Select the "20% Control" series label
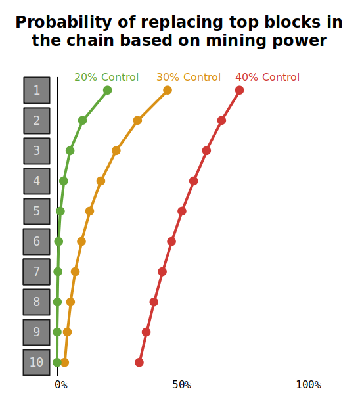106,77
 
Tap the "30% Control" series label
189,77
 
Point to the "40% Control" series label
267,77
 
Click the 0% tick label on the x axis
61,385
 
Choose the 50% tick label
181,385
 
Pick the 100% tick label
309,385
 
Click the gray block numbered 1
37,90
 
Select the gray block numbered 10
36,363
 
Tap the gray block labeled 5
37,212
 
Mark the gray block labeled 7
36,272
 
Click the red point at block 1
239,90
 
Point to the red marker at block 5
182,212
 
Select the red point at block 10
139,363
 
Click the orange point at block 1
168,90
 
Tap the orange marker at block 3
116,151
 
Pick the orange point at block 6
81,242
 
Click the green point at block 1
108,90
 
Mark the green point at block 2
82,120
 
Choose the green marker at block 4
64,181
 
